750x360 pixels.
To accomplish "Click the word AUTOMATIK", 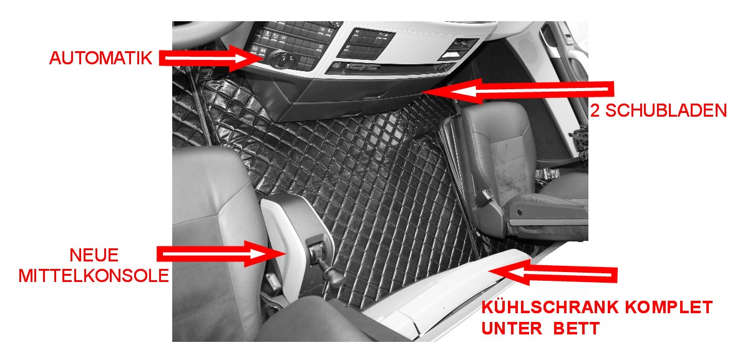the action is coord(101,58).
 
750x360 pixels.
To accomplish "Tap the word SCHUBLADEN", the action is coord(666,111).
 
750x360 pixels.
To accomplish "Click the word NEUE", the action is coord(94,255).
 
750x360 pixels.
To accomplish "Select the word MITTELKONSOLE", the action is coord(94,276).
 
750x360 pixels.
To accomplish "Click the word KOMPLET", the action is coord(669,307).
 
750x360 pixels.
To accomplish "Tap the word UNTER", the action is coord(512,328).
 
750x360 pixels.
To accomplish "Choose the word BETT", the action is coord(577,328).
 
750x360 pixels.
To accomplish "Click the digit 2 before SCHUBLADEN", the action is coord(595,111).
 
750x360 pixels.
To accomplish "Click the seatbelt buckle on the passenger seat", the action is coord(483,198).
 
